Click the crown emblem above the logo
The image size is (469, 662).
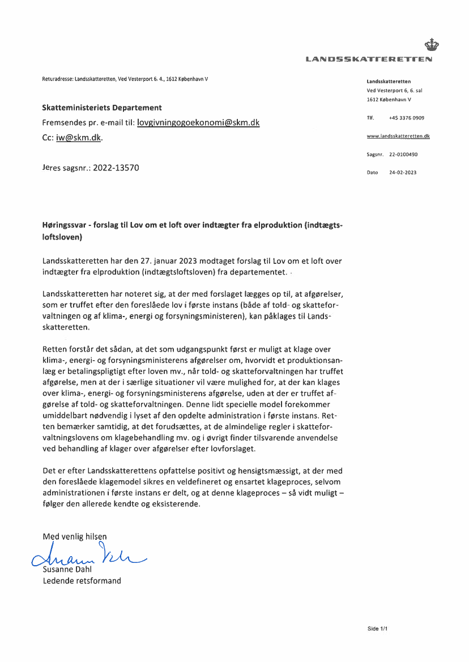pyautogui.click(x=432, y=44)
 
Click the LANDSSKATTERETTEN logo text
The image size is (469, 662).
pyautogui.click(x=369, y=59)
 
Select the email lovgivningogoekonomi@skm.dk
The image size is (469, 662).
pyautogui.click(x=198, y=122)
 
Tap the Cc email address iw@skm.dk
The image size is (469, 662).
pyautogui.click(x=79, y=138)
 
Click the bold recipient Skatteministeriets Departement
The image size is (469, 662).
pyautogui.click(x=102, y=108)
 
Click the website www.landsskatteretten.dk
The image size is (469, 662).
pyautogui.click(x=398, y=136)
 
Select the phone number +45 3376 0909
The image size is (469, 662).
pyautogui.click(x=406, y=118)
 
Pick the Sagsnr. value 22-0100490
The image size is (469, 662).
pyautogui.click(x=403, y=154)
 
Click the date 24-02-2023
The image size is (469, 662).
pyautogui.click(x=402, y=172)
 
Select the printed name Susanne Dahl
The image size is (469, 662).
pyautogui.click(x=67, y=570)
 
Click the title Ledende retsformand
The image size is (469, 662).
pyautogui.click(x=82, y=580)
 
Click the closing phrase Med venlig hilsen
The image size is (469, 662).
pyautogui.click(x=74, y=536)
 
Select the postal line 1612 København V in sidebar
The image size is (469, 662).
pyautogui.click(x=389, y=100)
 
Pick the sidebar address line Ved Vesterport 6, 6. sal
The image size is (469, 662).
pyautogui.click(x=394, y=91)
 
